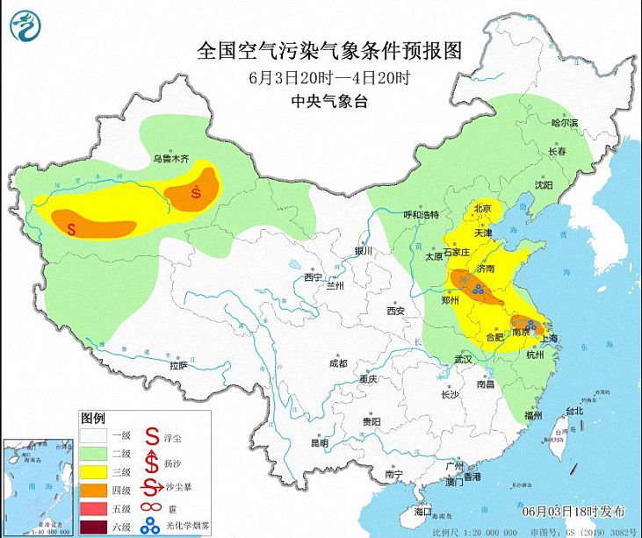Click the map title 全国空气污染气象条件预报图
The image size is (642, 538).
point(329,49)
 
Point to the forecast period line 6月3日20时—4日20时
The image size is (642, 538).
point(329,76)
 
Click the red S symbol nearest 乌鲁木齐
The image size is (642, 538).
point(196,192)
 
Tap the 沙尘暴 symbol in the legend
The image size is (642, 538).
point(151,490)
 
